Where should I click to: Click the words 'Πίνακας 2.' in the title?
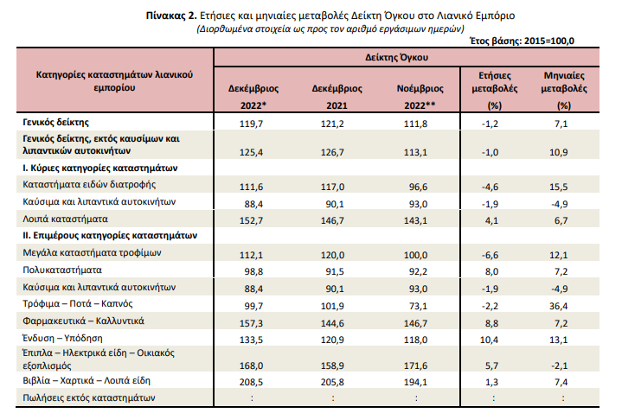click(x=171, y=16)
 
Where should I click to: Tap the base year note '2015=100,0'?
click(x=549, y=41)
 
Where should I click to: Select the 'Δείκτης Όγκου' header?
click(x=397, y=58)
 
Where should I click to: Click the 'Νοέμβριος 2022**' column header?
click(x=420, y=97)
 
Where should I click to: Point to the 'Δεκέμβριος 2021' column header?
click(x=337, y=97)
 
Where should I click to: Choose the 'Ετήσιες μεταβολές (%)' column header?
click(x=495, y=91)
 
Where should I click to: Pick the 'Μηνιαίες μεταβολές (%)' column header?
click(x=564, y=91)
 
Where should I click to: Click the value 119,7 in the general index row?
click(x=251, y=124)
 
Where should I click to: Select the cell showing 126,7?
click(x=332, y=152)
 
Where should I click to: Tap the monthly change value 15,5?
click(x=559, y=187)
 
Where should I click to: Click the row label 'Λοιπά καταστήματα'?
click(x=66, y=219)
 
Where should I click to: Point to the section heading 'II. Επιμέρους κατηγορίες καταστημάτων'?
click(x=110, y=235)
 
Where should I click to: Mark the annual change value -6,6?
click(x=490, y=255)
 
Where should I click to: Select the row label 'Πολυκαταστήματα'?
click(x=62, y=270)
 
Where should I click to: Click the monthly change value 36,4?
click(x=559, y=306)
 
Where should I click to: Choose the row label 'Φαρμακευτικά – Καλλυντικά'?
click(x=83, y=321)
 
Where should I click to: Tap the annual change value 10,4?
click(x=489, y=340)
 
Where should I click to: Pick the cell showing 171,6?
click(x=416, y=365)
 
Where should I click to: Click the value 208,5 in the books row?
click(x=251, y=382)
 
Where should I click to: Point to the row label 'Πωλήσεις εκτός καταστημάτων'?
click(x=89, y=397)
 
